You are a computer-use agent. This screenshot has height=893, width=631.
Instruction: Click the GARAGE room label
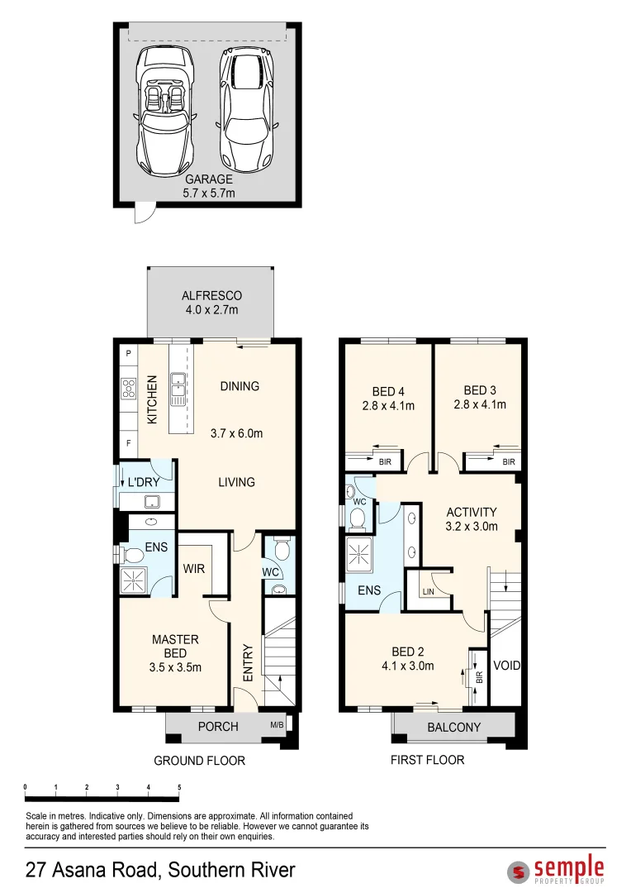click(x=208, y=179)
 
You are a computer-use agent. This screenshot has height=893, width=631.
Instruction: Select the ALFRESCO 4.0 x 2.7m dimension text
click(x=211, y=310)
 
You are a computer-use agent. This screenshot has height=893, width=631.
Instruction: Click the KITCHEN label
click(x=152, y=400)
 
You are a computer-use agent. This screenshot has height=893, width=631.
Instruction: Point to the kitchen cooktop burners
click(x=130, y=389)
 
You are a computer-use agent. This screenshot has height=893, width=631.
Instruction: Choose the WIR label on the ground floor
click(x=195, y=570)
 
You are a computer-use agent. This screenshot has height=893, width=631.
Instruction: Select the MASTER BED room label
click(x=175, y=646)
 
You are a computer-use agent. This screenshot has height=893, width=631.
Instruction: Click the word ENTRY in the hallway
click(x=248, y=663)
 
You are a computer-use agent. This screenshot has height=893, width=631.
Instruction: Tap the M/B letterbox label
click(x=277, y=726)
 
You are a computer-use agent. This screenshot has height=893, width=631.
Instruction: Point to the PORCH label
click(x=219, y=727)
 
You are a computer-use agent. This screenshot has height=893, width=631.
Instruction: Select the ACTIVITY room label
click(x=472, y=512)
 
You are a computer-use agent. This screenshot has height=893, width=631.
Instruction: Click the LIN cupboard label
click(x=428, y=592)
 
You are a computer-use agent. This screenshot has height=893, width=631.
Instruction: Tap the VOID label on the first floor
click(x=506, y=665)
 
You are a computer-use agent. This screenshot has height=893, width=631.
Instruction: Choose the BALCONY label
click(x=453, y=728)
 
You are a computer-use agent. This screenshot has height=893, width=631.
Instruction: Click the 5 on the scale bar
click(x=179, y=787)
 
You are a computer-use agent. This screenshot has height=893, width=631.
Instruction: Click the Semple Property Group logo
click(x=556, y=871)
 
